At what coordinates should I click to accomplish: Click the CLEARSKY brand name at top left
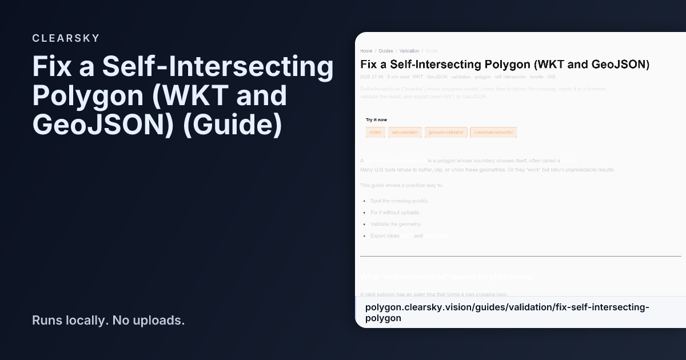coord(66,38)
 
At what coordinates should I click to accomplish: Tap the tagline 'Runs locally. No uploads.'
coord(108,320)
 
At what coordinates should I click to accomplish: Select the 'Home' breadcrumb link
coord(366,51)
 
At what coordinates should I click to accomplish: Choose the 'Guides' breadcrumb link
coord(386,51)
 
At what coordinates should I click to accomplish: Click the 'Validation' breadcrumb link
coord(409,51)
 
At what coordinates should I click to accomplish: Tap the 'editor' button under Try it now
coord(376,133)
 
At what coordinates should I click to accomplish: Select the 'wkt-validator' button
coord(405,133)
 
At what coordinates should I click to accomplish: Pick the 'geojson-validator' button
coord(446,133)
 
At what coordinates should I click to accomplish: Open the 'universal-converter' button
coord(493,133)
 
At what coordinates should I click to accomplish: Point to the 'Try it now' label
coord(377,119)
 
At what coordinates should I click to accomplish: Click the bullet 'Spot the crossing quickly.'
coord(399,201)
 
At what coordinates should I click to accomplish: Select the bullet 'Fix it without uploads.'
coord(395,213)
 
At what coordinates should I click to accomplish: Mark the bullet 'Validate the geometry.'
coord(396,224)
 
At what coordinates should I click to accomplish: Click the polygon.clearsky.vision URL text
coord(507,313)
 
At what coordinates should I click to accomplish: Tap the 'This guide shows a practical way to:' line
coord(401,185)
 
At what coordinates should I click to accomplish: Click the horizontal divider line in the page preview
coord(520,256)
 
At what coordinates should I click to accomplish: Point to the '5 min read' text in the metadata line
coord(397,77)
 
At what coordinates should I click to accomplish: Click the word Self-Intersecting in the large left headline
coord(218,67)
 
